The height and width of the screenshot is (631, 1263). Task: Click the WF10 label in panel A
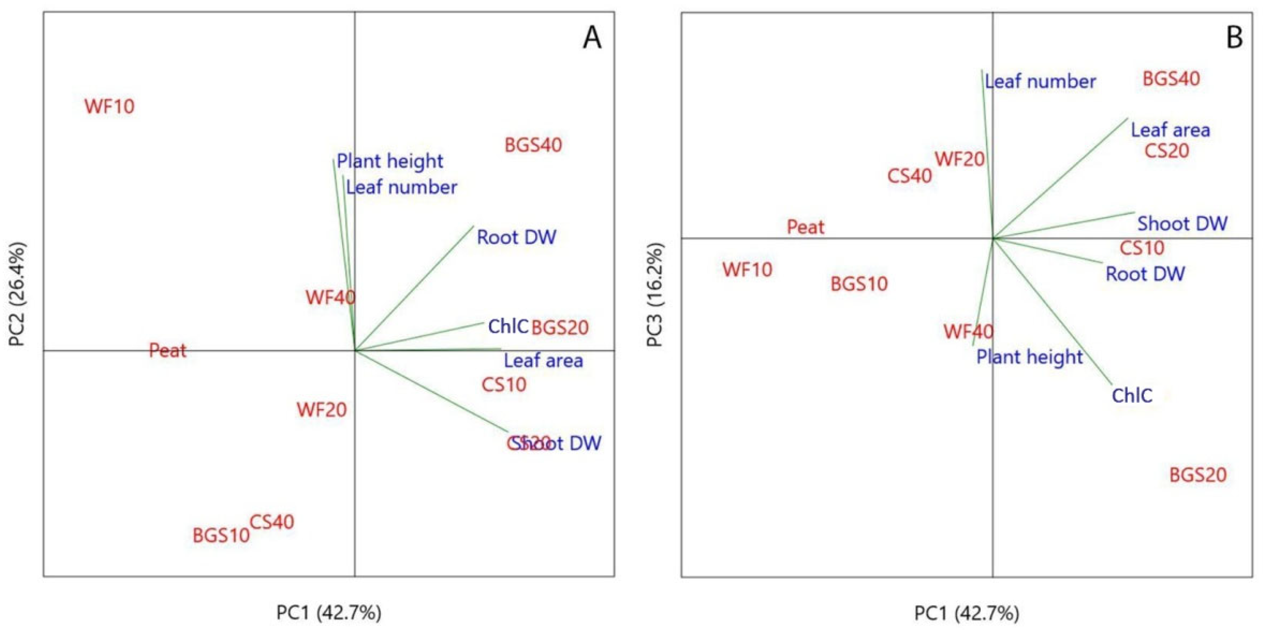point(109,106)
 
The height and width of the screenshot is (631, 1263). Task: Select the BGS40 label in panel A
point(533,145)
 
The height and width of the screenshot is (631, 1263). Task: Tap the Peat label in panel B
point(806,227)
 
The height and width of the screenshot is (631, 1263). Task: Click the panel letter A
point(592,38)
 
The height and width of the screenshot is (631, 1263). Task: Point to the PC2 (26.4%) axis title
point(18,294)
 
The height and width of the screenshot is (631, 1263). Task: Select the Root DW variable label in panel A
point(517,237)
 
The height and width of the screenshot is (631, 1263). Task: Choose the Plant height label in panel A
point(390,161)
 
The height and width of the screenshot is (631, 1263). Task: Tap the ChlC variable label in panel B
point(1132,395)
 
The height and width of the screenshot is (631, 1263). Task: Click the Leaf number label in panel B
point(1040,81)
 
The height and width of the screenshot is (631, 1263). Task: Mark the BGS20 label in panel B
point(1198,475)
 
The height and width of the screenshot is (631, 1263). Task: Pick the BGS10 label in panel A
point(221,535)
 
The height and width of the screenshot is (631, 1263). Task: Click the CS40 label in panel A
point(272,522)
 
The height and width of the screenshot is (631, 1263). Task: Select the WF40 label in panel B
point(968,332)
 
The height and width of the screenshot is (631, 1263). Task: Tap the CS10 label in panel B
point(1142,248)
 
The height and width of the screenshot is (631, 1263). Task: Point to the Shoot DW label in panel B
point(1182,224)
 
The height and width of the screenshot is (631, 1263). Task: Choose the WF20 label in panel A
point(322,409)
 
